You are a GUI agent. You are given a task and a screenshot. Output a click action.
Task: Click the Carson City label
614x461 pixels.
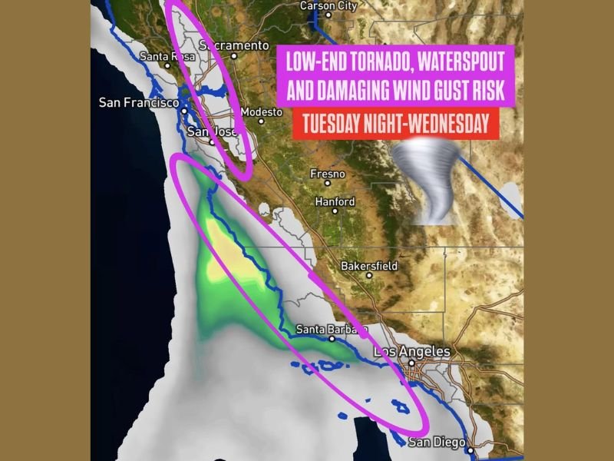point(328,6)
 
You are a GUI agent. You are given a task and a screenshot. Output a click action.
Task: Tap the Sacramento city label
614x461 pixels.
point(234,45)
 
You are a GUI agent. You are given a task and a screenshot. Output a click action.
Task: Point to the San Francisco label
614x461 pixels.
point(139,102)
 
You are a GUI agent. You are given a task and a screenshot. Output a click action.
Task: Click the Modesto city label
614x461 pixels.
point(261,112)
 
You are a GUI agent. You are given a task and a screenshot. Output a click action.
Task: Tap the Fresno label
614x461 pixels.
point(327,174)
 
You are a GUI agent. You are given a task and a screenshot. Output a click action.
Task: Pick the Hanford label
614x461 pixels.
point(335,202)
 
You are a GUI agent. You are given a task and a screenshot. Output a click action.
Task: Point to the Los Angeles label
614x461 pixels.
point(412,352)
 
